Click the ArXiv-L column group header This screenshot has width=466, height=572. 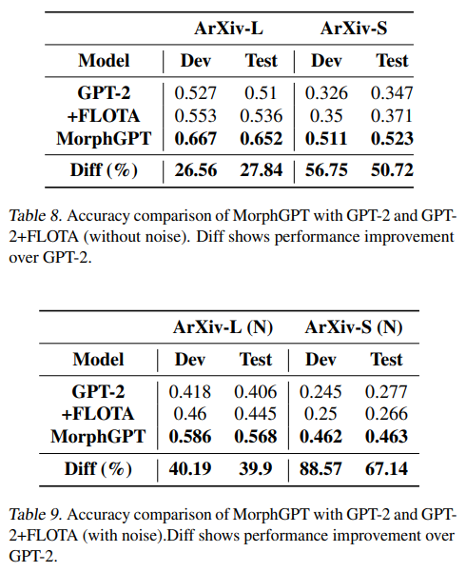[228, 29]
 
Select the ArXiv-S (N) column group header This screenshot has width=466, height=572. [354, 326]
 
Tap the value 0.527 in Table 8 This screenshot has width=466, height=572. [196, 93]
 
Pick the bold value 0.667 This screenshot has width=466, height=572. [196, 139]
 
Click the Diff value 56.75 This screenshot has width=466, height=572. [326, 170]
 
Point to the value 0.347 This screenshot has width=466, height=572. [392, 93]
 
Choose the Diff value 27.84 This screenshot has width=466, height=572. [262, 170]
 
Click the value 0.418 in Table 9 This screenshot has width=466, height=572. [189, 392]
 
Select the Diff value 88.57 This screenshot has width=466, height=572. [320, 469]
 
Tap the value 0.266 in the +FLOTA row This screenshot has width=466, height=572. [386, 414]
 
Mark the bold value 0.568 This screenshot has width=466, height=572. [255, 437]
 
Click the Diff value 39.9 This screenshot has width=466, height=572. [255, 469]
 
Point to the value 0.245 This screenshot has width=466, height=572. [320, 392]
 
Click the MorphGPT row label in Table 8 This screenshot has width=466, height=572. [104, 139]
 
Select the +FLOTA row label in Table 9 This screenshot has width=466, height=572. [98, 414]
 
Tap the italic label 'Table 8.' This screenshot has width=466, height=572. [35, 216]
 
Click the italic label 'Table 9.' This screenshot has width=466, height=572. [35, 514]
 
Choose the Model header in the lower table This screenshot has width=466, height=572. [98, 360]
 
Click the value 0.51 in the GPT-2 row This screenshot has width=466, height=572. [261, 93]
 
